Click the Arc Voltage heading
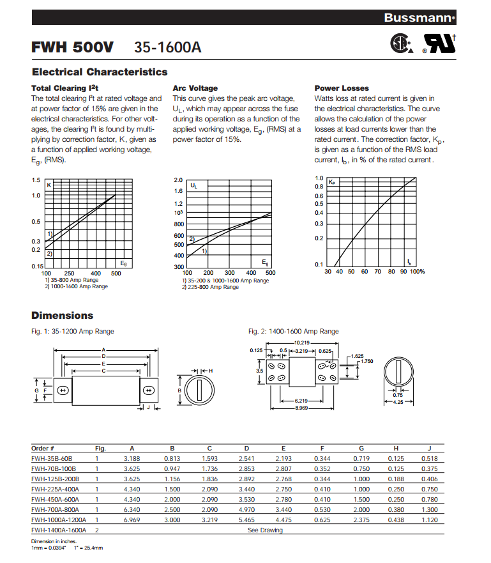tap(195, 88)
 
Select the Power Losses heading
tap(342, 88)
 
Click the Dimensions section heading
tap(63, 316)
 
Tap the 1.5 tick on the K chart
tap(36, 181)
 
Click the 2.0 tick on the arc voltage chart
tap(178, 181)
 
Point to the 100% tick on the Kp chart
tap(417, 272)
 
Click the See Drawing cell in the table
tap(265, 530)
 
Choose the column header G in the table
tap(361, 448)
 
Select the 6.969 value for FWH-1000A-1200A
tap(132, 520)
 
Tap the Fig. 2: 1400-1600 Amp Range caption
tap(293, 332)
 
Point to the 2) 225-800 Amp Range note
tap(210, 287)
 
